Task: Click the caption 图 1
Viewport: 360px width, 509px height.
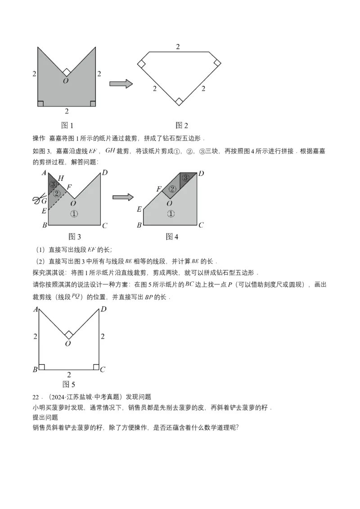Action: (67, 125)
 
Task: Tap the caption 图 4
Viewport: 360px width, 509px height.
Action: (172, 237)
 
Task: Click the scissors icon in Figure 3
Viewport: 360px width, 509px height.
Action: (37, 200)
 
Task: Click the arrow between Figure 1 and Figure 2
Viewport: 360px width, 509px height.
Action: (121, 84)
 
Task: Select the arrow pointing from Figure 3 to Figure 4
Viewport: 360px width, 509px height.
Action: (123, 197)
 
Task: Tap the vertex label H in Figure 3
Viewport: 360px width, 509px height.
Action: (61, 179)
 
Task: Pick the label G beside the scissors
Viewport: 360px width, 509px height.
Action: (44, 201)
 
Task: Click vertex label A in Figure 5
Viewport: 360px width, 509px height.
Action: (35, 309)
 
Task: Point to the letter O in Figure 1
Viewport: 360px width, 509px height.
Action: (66, 80)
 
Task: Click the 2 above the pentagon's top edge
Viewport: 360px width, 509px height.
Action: (178, 47)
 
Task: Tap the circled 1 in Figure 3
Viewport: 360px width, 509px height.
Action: (74, 214)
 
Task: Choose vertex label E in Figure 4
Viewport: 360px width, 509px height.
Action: (139, 209)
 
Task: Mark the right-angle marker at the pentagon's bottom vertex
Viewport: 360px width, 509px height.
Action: (179, 102)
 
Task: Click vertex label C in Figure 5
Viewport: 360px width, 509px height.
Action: (103, 370)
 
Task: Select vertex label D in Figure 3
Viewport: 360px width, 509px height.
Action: (104, 172)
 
